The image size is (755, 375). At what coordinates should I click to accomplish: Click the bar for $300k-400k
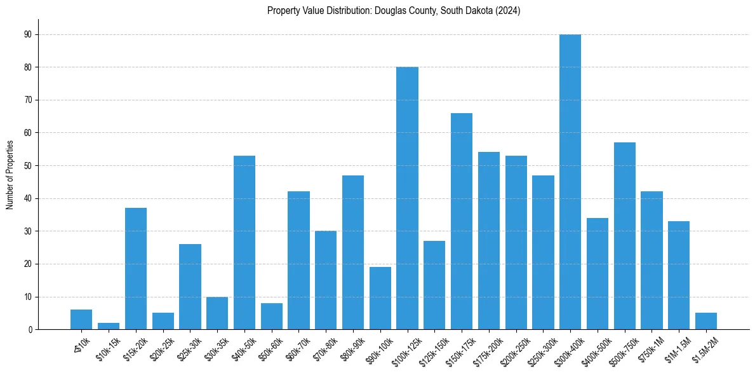coord(570,182)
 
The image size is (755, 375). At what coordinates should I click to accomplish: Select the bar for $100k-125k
coord(407,198)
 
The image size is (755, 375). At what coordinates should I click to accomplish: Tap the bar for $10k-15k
coord(109,326)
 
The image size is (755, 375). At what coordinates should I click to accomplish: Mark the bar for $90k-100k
coord(380,298)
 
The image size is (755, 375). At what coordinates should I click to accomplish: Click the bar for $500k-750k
coord(625,236)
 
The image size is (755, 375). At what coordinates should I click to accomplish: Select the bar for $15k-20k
coord(136,269)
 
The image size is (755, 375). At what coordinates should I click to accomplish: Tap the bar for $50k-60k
coord(272,317)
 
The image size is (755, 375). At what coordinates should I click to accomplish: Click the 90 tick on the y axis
coord(29,34)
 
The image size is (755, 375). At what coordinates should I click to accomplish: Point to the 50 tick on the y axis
coord(29,166)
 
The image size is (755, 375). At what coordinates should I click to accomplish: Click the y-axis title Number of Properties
coord(10,175)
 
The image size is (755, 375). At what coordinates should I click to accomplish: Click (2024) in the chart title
coord(508,11)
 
